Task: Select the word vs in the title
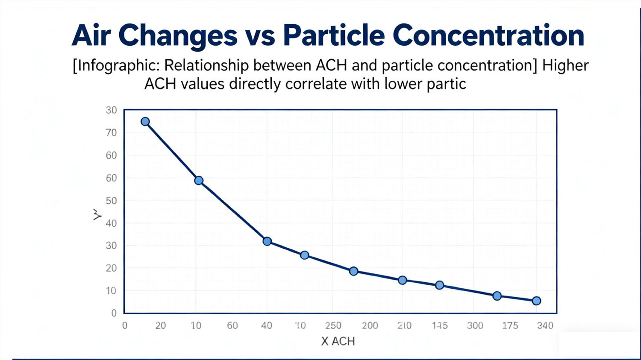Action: (x=260, y=36)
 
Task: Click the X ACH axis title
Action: (x=338, y=341)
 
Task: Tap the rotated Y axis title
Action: (x=97, y=214)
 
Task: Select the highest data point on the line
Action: (x=145, y=122)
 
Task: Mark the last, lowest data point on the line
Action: (x=536, y=301)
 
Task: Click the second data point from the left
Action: (x=199, y=181)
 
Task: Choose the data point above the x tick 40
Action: (x=267, y=241)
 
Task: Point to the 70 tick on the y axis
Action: (x=111, y=133)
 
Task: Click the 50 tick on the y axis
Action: (x=111, y=201)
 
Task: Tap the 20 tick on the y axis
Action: (x=111, y=268)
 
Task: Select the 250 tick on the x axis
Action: (x=333, y=325)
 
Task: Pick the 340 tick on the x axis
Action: (x=545, y=325)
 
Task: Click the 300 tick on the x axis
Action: (x=475, y=325)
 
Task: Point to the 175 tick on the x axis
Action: (x=510, y=325)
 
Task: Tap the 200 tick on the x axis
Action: (x=370, y=325)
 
